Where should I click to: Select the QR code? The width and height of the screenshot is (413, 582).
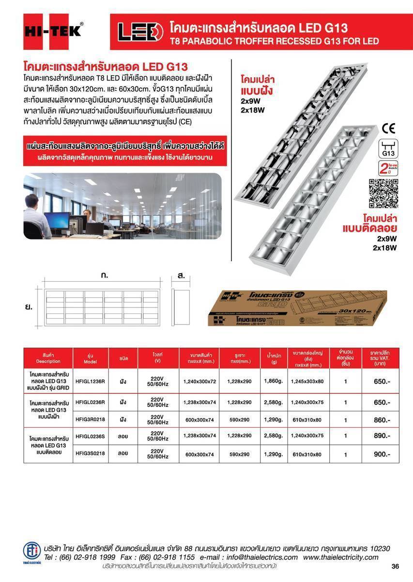(x=383, y=193)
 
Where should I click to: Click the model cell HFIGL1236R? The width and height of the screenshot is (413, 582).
(x=91, y=381)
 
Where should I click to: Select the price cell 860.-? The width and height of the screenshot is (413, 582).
(x=382, y=420)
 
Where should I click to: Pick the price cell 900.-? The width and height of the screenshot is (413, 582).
(x=382, y=454)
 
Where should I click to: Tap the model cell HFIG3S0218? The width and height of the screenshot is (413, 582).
(x=91, y=454)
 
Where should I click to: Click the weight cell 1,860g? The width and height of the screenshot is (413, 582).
(x=273, y=381)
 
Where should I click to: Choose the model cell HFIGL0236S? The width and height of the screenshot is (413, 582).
(x=91, y=436)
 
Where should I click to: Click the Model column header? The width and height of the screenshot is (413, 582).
(x=91, y=358)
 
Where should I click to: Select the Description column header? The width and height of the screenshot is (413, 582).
(x=48, y=358)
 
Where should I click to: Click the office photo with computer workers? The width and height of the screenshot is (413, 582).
(x=122, y=206)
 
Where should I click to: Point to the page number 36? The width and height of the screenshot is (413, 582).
(x=395, y=566)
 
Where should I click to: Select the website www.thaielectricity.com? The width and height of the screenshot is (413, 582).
(x=341, y=557)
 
